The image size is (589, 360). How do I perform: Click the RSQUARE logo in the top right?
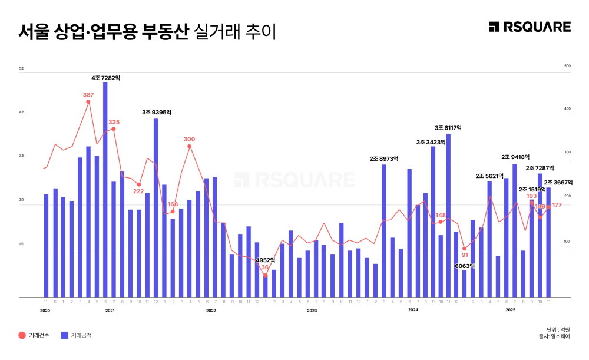(530, 27)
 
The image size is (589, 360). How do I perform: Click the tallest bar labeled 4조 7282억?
(105, 189)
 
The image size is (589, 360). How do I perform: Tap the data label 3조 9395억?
(156, 112)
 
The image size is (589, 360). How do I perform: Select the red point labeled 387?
(88, 102)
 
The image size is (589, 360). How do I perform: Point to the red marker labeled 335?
(114, 129)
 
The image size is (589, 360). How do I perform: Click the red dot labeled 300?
(189, 146)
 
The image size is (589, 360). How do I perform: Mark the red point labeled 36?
(266, 275)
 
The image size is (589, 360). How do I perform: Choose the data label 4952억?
(265, 260)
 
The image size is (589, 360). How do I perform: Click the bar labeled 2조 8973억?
(384, 230)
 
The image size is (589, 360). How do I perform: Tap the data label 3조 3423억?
(431, 142)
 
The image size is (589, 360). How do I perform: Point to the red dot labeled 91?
(465, 249)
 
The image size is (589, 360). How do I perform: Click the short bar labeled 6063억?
(464, 283)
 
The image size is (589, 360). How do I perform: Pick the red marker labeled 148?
(440, 222)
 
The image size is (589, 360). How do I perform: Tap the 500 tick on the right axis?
(568, 66)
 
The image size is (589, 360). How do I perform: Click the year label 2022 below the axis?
(211, 310)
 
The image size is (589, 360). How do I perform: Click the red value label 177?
(557, 205)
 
